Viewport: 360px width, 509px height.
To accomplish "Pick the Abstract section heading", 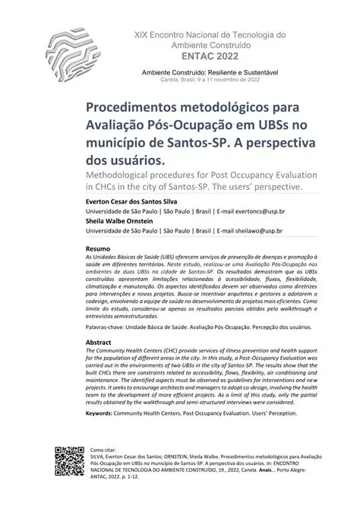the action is [x=101, y=343].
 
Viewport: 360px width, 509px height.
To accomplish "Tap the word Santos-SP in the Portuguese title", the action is [x=178, y=144].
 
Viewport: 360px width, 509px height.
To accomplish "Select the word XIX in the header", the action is [x=143, y=35].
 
